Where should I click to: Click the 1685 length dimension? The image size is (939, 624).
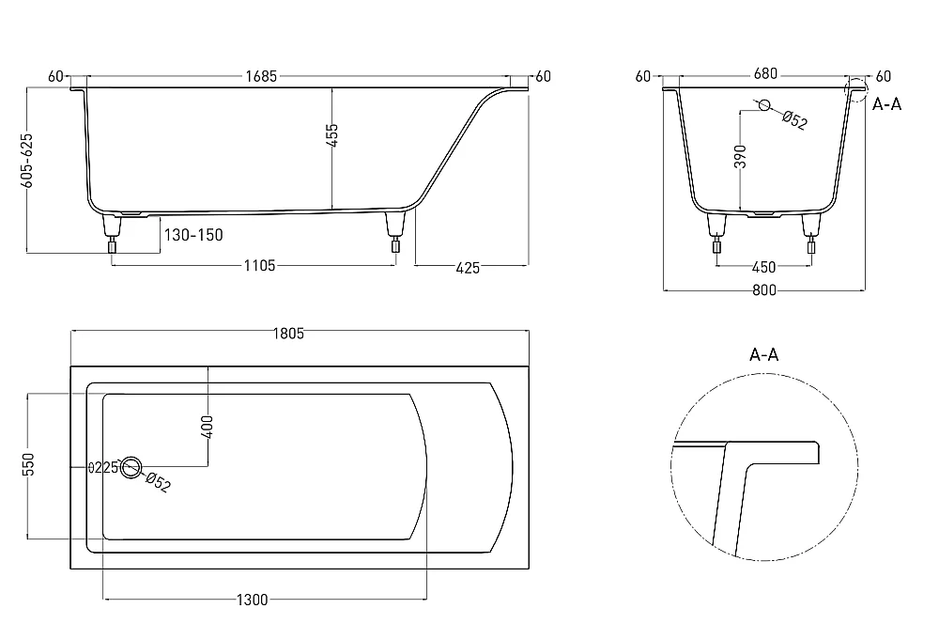[x=261, y=76]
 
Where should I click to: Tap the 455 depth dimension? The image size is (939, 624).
[x=333, y=135]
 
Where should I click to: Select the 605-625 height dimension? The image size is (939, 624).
[x=27, y=160]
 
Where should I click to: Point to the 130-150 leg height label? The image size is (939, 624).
[x=193, y=235]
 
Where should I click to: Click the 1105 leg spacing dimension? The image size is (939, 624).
[x=259, y=266]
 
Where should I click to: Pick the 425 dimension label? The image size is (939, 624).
[x=468, y=268]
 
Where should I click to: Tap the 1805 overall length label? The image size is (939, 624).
[x=288, y=334]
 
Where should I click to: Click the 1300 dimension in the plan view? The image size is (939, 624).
[x=252, y=600]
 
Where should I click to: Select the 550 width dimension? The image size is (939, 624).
[x=28, y=464]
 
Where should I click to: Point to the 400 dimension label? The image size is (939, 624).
[x=208, y=427]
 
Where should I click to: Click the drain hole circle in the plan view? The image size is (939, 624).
[x=131, y=468]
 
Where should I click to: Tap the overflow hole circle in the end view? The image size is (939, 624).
[x=764, y=105]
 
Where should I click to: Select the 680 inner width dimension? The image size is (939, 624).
[x=765, y=73]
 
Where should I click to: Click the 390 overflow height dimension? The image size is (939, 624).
[x=741, y=156]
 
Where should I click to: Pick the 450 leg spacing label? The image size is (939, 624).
[x=763, y=267]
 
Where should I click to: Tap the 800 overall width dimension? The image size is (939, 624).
[x=764, y=290]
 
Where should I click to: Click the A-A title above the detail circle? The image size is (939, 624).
[x=764, y=355]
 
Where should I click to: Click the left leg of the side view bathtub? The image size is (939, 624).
[x=112, y=232]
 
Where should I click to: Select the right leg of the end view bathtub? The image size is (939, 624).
[x=811, y=233]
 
